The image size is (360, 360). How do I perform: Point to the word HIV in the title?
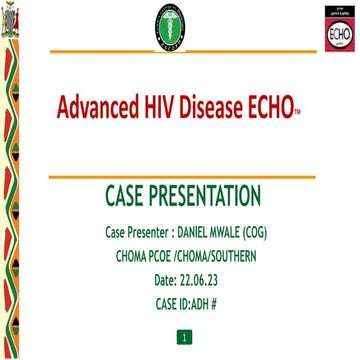click(x=163, y=106)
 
